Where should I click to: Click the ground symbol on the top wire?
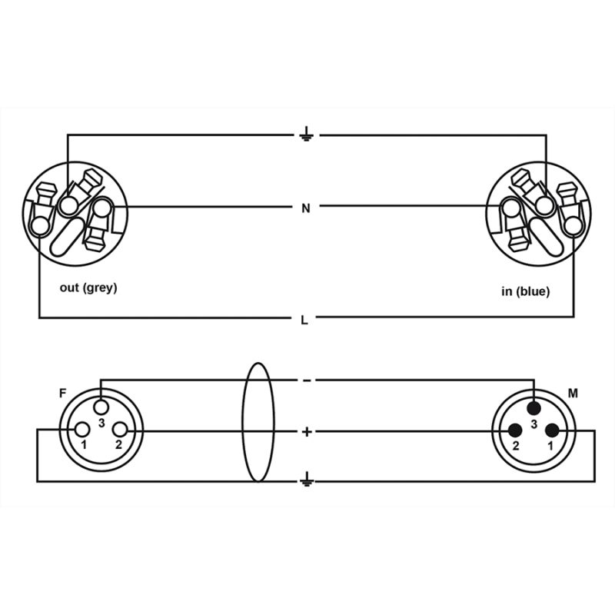point(306,136)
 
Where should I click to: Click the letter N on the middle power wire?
point(306,208)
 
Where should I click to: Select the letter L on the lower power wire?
point(306,319)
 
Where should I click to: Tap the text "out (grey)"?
point(88,288)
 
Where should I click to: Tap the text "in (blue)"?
point(524,291)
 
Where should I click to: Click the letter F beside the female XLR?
point(62,394)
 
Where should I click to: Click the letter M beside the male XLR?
point(572,394)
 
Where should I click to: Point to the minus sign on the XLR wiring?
point(306,381)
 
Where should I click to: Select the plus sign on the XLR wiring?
point(307,431)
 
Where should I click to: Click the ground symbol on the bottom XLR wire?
point(306,480)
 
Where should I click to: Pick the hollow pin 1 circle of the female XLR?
point(81,430)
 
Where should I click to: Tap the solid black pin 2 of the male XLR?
point(515,430)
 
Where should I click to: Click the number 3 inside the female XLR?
point(101,422)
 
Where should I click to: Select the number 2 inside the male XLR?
point(516,446)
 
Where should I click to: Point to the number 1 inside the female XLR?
point(84,446)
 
